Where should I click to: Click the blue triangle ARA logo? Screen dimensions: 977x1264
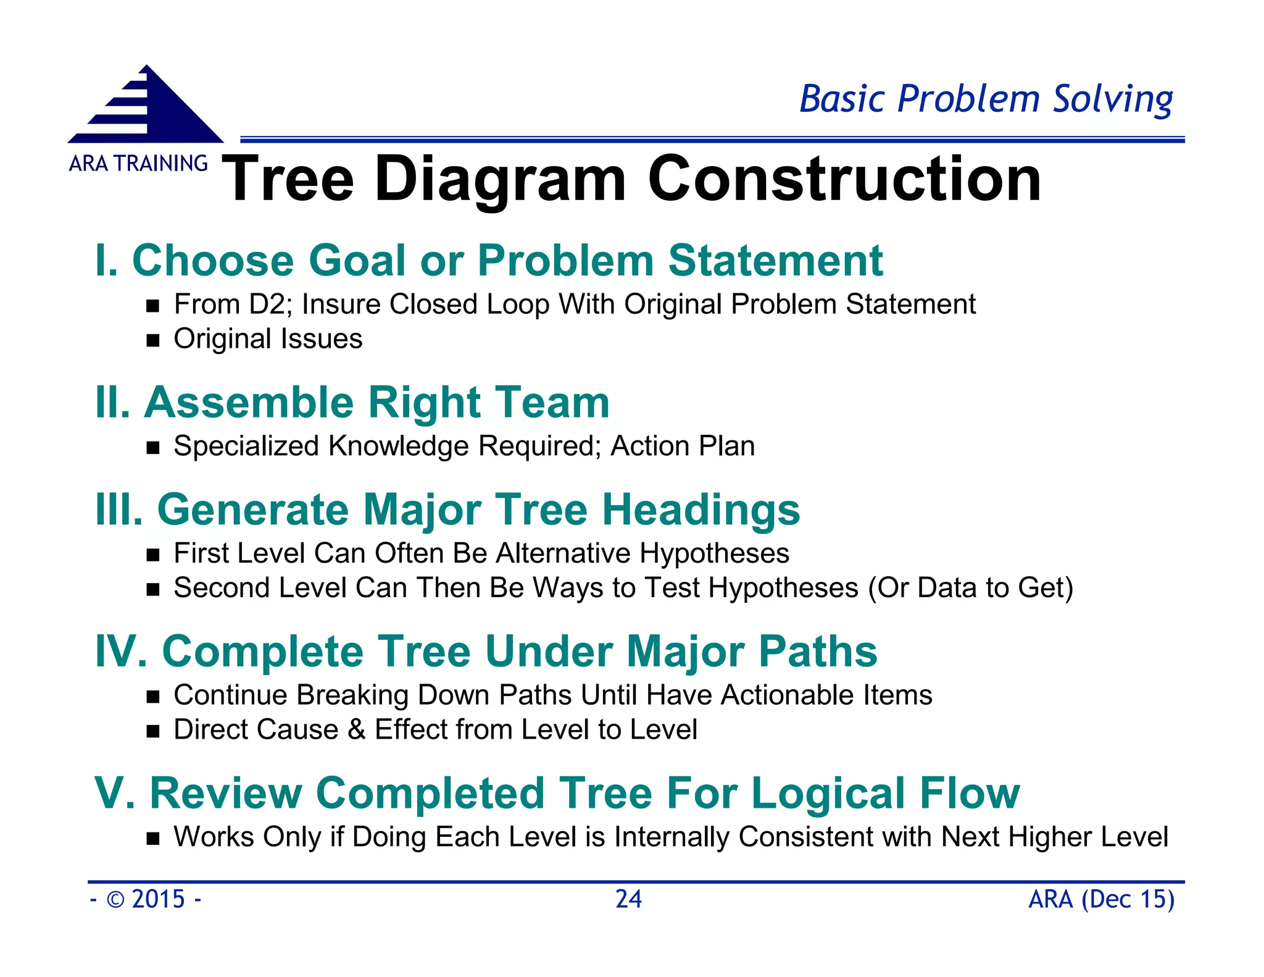coord(146,106)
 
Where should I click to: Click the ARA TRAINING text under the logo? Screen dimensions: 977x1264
coord(138,164)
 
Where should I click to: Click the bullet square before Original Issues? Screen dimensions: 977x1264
coord(153,340)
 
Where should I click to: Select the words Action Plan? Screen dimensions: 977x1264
coord(683,446)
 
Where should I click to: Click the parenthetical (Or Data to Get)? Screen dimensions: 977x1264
coord(970,588)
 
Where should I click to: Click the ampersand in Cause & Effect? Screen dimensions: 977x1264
coord(356,730)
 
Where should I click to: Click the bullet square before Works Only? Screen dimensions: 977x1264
coord(153,839)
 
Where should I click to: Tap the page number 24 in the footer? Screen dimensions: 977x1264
coord(628,899)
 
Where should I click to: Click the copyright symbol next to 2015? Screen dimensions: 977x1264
coord(115,900)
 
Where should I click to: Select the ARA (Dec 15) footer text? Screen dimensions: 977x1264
coord(1101,899)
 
